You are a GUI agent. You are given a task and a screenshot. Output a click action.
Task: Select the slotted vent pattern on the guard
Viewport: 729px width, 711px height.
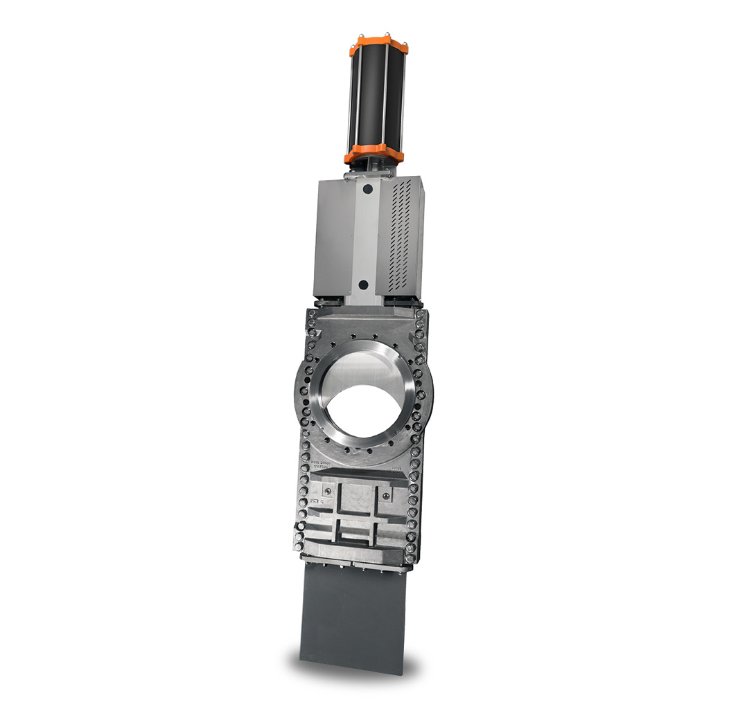(403, 232)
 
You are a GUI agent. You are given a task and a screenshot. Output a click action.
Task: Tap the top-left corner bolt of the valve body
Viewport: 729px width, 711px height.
(311, 315)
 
